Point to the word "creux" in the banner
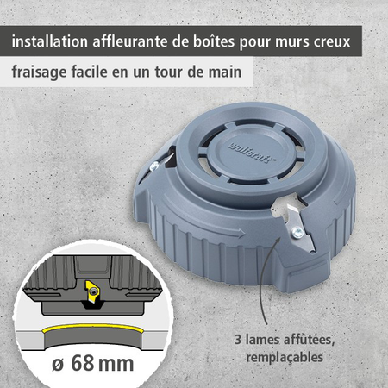tap(334, 41)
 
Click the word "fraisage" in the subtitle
tap(41, 72)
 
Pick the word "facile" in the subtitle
tap(97, 72)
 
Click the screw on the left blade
tap(153, 164)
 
